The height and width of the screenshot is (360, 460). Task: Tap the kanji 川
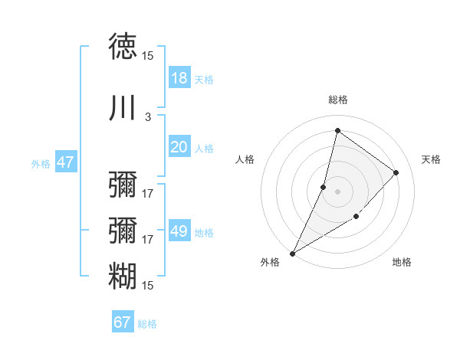tap(123, 108)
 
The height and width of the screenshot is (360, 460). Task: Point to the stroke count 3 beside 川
tap(148, 117)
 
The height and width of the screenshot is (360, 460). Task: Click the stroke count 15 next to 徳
tap(148, 56)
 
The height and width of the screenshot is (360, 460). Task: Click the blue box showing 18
tap(179, 78)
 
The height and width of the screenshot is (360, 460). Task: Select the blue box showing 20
tap(179, 147)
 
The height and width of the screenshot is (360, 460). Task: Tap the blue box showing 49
tap(179, 231)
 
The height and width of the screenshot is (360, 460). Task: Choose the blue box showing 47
tap(66, 162)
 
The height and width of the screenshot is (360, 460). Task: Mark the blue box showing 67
tap(123, 322)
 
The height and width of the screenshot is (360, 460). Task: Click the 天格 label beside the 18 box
tap(204, 80)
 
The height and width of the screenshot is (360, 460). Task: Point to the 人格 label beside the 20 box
tap(204, 149)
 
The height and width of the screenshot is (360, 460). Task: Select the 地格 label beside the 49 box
tap(204, 233)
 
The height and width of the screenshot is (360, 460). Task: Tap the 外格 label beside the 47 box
tap(41, 164)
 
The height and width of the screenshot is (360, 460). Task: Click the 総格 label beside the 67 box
tap(147, 324)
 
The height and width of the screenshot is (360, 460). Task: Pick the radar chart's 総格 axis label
tap(338, 100)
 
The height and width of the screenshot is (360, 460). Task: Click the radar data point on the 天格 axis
tap(396, 172)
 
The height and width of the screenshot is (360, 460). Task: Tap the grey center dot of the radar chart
tap(337, 191)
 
